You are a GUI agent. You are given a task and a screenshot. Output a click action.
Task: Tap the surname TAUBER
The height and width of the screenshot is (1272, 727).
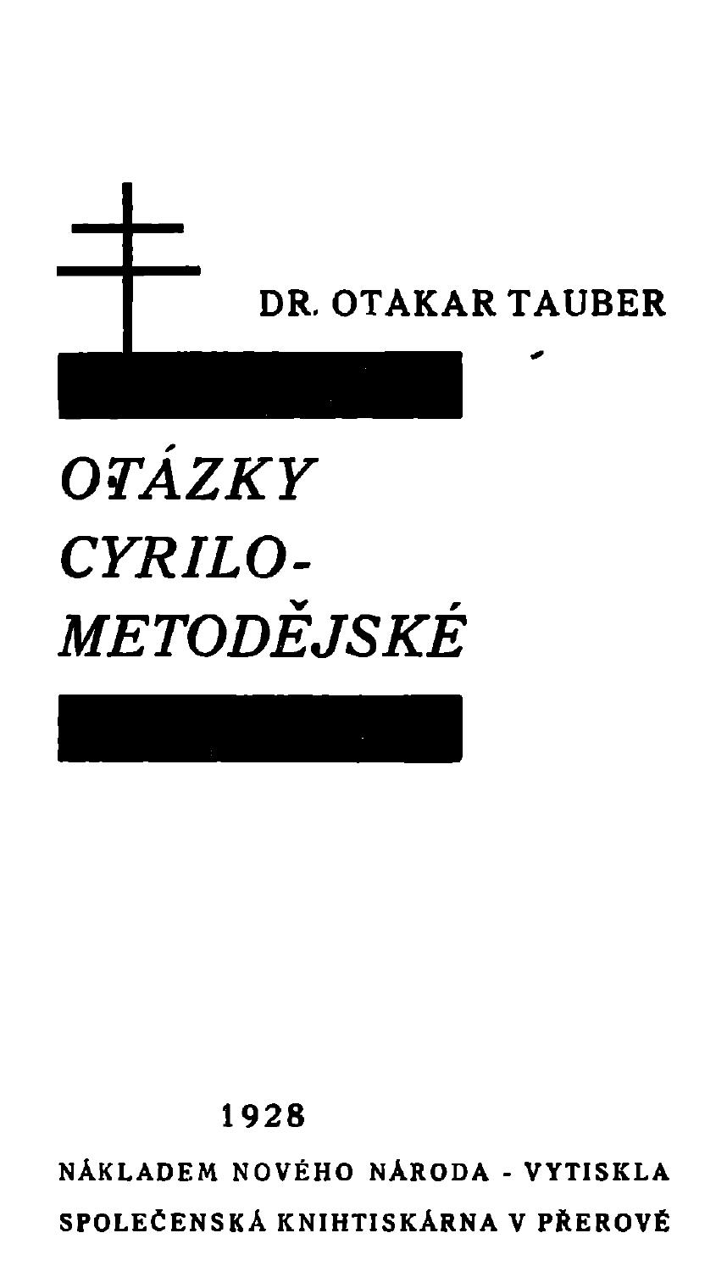click(586, 304)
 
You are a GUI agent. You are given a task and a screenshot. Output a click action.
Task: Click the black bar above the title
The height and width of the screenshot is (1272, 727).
click(260, 385)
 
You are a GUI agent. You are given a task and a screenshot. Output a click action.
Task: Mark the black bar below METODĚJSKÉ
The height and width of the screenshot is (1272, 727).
click(260, 728)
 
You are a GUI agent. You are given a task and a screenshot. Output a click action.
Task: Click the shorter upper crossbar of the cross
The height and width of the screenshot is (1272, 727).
click(128, 228)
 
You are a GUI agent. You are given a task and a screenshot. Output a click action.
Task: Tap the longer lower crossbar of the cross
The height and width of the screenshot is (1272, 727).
click(129, 271)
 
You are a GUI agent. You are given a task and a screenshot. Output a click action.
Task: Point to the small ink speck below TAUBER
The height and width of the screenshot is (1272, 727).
click(536, 355)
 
